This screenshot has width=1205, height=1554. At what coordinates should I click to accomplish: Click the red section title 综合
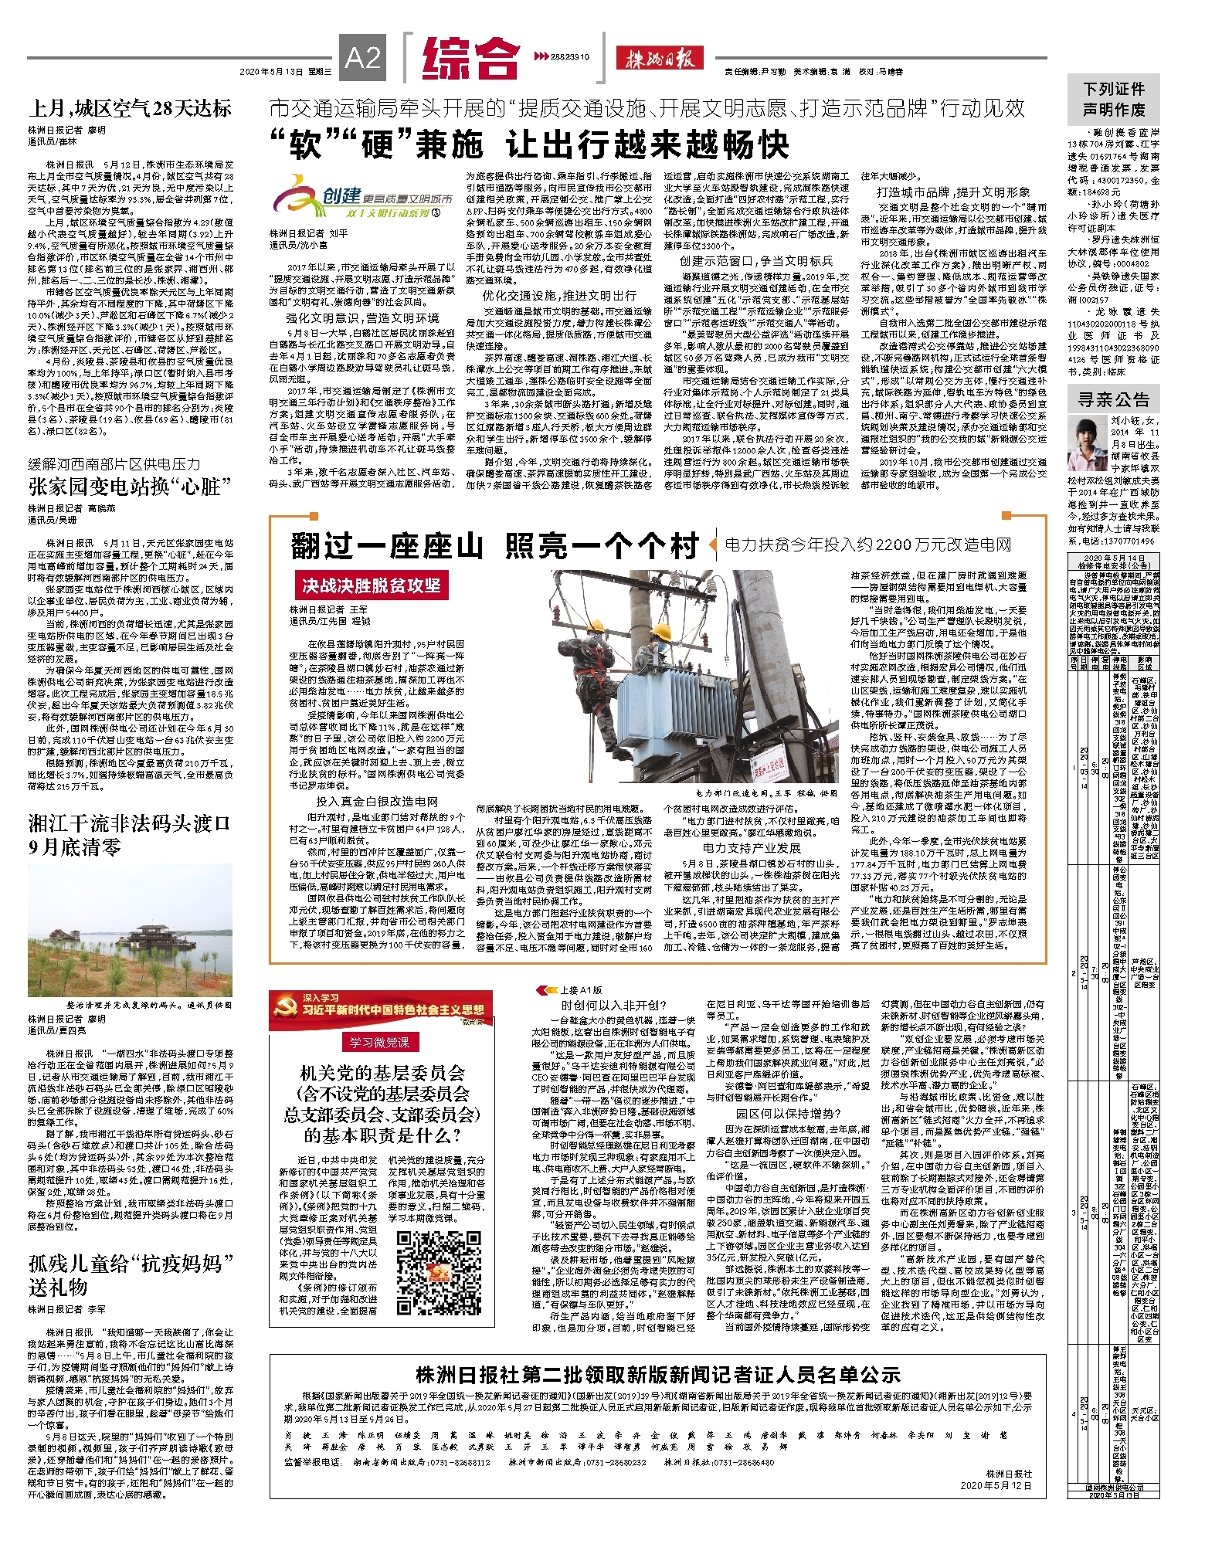tap(470, 59)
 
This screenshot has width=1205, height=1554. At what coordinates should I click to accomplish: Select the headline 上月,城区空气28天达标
tap(130, 108)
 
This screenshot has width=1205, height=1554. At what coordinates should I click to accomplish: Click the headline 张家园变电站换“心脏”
tap(130, 487)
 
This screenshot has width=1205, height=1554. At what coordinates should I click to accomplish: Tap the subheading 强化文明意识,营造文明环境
tap(362, 317)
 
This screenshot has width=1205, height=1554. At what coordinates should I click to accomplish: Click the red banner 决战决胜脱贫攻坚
tap(371, 585)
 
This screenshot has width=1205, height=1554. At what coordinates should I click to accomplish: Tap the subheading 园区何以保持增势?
tap(788, 1113)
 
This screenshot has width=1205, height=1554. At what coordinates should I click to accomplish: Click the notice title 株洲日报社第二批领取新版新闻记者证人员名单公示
tap(657, 1374)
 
